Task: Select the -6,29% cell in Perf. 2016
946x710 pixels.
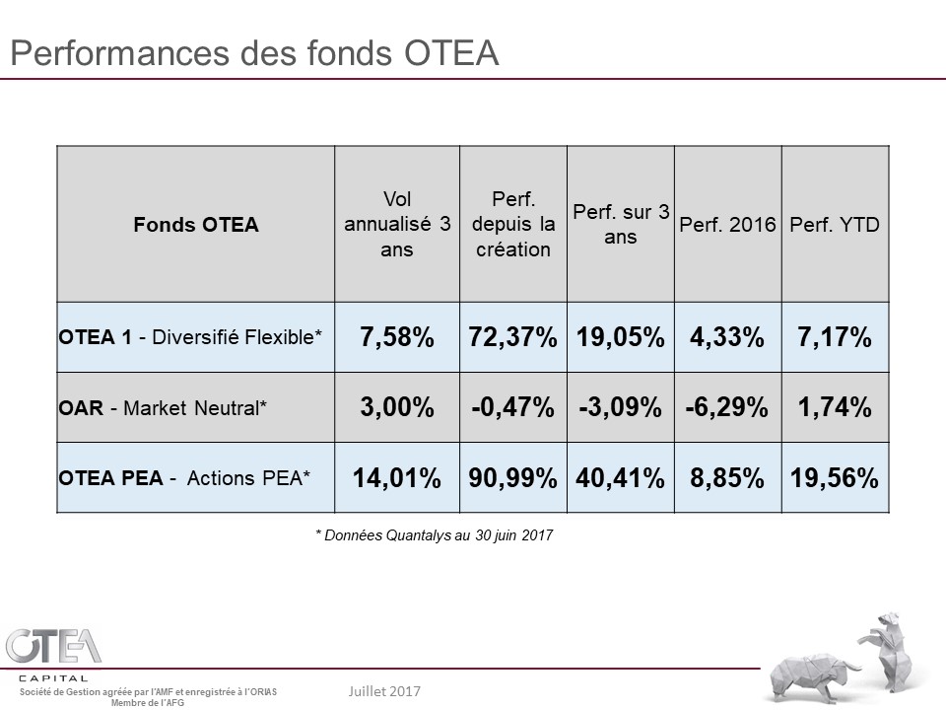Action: (728, 407)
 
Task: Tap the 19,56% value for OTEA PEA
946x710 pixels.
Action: (835, 478)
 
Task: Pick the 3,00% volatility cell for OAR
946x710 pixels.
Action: (397, 407)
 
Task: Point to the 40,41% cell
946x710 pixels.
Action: (621, 478)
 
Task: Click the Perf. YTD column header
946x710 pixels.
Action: (835, 225)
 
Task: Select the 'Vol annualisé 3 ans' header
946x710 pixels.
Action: (397, 224)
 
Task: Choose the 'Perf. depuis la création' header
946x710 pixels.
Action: (512, 224)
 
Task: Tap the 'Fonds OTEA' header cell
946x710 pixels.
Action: (196, 225)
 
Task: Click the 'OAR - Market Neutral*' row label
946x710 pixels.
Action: (163, 407)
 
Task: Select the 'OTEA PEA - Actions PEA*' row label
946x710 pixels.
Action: (184, 478)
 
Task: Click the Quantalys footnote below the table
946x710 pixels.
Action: (435, 535)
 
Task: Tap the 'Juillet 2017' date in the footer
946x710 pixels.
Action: (384, 691)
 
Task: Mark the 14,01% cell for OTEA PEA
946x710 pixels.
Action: (397, 478)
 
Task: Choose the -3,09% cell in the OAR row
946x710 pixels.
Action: (621, 407)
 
